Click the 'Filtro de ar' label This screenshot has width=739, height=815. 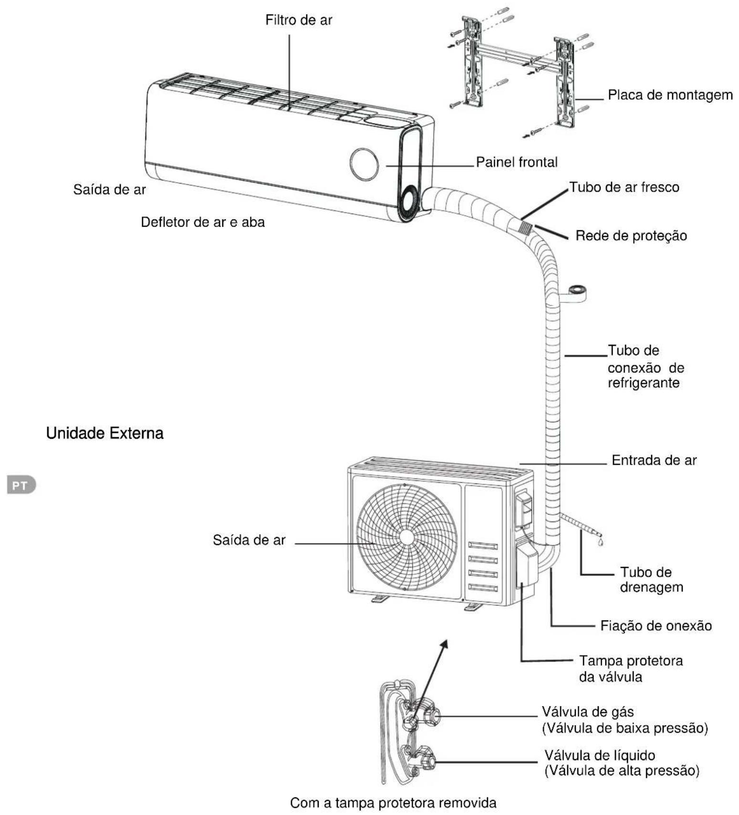click(x=299, y=20)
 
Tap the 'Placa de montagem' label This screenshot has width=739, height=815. click(x=670, y=95)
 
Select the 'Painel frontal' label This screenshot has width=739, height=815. click(x=517, y=162)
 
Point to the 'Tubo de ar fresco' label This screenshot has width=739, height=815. click(x=624, y=187)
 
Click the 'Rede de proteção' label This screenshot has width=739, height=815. click(x=631, y=236)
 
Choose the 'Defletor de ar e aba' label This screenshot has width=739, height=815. click(x=203, y=222)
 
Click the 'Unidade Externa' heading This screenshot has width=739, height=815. click(x=105, y=433)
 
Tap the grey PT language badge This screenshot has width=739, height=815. click(x=21, y=485)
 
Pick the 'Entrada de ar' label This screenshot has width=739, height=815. click(x=654, y=460)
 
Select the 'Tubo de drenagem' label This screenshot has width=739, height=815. click(x=651, y=579)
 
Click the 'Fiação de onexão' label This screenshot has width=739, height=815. click(x=656, y=626)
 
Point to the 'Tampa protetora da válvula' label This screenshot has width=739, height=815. click(x=631, y=669)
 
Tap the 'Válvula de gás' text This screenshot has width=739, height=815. click(x=588, y=712)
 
